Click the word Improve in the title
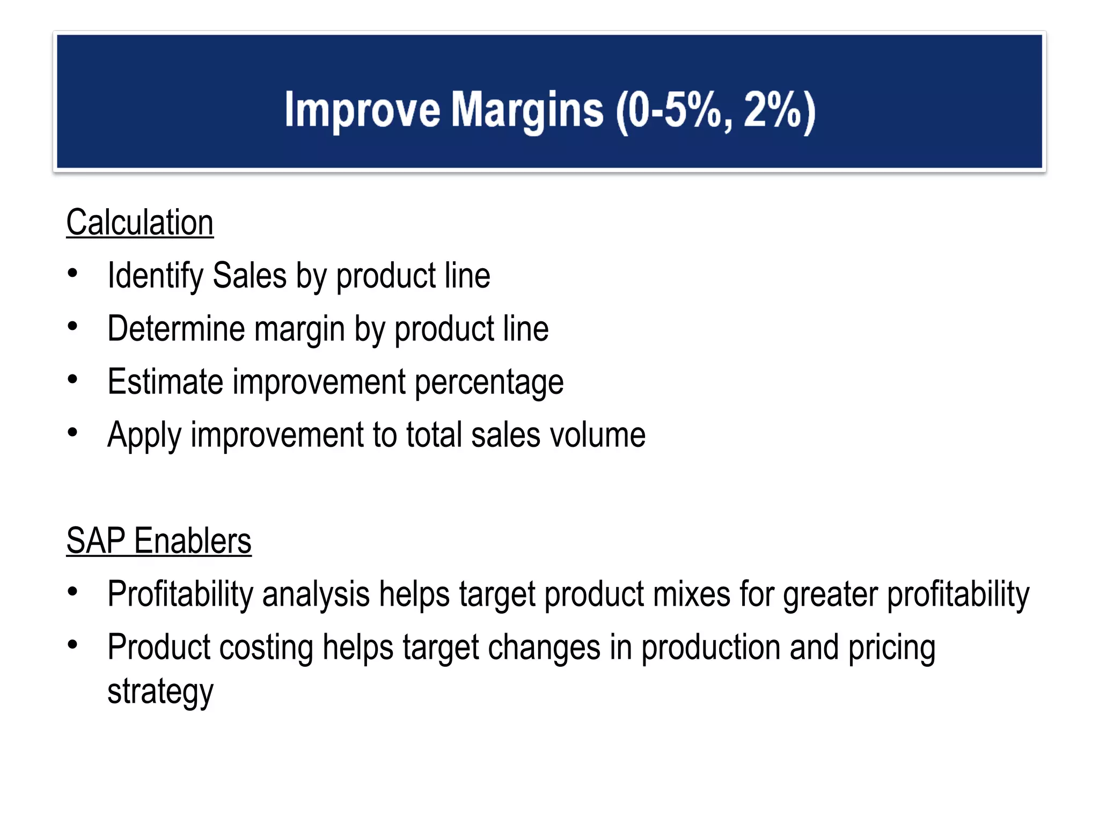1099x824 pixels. click(x=362, y=110)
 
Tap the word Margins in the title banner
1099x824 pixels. click(x=527, y=110)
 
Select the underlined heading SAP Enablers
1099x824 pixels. click(x=159, y=541)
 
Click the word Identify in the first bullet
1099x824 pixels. click(x=155, y=276)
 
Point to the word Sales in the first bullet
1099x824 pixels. click(x=250, y=276)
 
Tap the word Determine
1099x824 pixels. click(x=175, y=328)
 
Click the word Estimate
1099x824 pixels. click(x=165, y=381)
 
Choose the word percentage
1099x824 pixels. click(x=489, y=382)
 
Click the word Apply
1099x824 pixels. click(x=144, y=435)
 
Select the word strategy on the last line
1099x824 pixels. click(x=160, y=691)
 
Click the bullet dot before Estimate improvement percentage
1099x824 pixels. click(x=73, y=379)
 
